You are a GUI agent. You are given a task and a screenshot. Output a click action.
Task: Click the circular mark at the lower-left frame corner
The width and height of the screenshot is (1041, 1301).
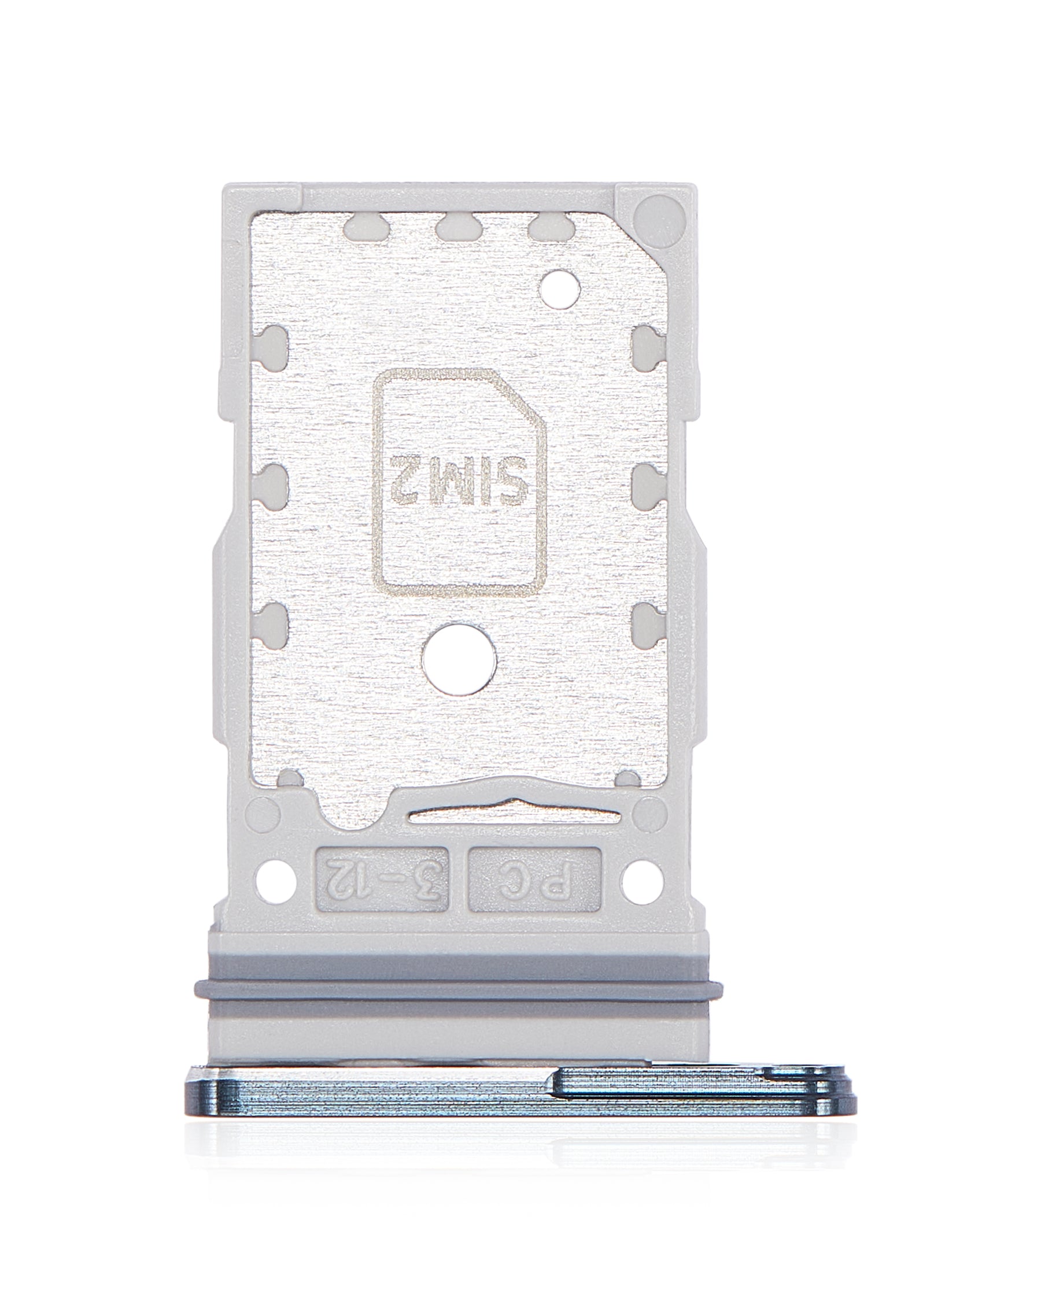tap(264, 812)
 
